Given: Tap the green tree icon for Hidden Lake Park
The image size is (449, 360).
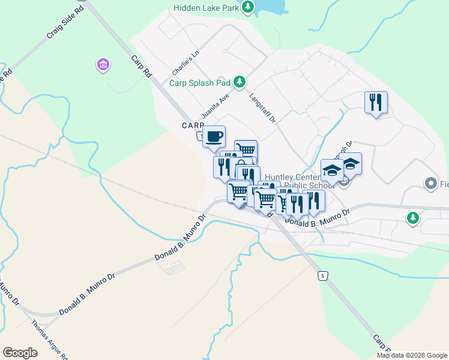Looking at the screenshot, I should coord(248,8).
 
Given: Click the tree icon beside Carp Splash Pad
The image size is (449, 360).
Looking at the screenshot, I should coord(240,82).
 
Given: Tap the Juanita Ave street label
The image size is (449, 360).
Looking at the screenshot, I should coord(216,107).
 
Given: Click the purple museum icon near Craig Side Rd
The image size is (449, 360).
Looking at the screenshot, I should coord(103,64).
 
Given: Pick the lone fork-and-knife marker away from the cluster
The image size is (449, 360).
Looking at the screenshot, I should coord(376,103).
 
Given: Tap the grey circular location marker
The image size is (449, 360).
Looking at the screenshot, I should coord(430,183).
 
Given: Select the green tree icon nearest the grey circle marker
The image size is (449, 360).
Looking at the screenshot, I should coord(412,218).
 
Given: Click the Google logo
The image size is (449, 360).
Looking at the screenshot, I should coord(20,353).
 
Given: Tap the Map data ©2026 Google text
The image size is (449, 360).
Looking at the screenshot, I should coord(411,355).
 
